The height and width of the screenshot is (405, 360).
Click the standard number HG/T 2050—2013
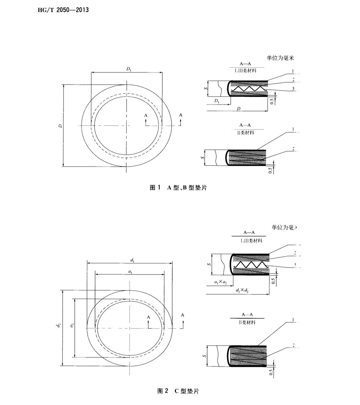click(x=63, y=10)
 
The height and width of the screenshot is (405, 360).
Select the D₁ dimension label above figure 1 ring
click(x=129, y=69)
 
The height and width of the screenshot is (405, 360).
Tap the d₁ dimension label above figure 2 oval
click(x=132, y=261)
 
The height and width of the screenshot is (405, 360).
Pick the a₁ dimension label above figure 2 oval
click(x=130, y=271)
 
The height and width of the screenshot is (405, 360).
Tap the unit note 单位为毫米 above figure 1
click(x=280, y=58)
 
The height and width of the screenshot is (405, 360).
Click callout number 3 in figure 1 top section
click(x=293, y=88)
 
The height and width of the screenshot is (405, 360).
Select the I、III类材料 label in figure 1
click(x=245, y=71)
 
